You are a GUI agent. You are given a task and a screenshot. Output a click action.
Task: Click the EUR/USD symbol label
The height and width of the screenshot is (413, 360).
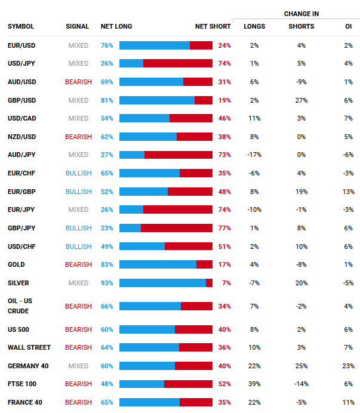pos(21,45)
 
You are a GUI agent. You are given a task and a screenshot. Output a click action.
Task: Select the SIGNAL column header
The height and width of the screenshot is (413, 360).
pos(78,26)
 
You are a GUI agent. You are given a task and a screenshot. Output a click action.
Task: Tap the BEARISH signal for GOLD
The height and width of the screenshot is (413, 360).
pos(78,264)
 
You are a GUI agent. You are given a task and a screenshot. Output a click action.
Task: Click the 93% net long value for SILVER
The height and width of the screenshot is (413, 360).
pos(107,283)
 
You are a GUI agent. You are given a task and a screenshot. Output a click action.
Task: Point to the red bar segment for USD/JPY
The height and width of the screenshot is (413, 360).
pos(177,63)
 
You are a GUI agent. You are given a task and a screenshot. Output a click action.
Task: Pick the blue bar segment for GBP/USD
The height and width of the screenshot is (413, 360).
pos(157,100)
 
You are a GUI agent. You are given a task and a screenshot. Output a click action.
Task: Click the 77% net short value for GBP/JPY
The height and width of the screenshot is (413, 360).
pos(224,228)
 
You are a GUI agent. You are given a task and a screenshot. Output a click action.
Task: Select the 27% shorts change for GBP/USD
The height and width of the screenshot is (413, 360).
pos(301,100)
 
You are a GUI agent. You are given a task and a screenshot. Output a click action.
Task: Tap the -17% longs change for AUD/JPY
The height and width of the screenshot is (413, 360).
pos(254,155)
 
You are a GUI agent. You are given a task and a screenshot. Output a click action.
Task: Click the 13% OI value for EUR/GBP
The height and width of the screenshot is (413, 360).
pos(349,192)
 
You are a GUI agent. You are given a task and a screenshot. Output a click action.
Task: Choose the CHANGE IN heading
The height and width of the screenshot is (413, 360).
pos(301,13)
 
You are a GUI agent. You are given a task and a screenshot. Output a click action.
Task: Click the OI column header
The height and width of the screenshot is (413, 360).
pos(349,26)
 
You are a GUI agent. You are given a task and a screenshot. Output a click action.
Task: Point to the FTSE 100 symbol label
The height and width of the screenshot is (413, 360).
pos(22,384)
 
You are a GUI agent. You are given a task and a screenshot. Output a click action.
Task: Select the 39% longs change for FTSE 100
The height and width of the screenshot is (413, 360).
pos(254,384)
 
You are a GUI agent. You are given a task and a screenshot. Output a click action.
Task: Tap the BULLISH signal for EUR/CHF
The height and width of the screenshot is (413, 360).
pos(78,173)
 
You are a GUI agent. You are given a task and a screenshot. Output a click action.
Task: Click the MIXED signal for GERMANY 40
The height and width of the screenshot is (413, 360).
pos(78,366)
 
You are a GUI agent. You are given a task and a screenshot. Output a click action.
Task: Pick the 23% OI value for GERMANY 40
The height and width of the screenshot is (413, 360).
pos(349,366)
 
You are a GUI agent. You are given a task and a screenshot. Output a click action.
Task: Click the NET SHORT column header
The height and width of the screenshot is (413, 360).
pos(213,26)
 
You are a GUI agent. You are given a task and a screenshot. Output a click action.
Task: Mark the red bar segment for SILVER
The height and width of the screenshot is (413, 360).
pos(209,283)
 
